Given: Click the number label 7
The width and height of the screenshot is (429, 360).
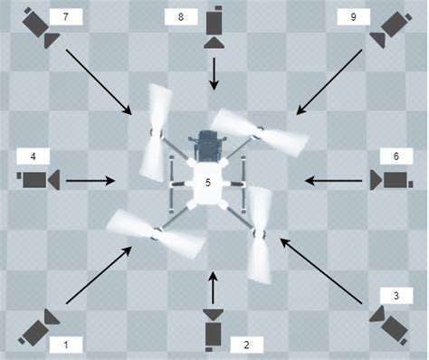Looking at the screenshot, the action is point(66,17).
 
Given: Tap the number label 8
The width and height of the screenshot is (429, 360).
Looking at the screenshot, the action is point(181,17).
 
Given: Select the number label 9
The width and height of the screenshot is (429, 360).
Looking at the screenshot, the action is point(354,17).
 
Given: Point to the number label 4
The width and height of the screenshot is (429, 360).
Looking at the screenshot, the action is point(33,156).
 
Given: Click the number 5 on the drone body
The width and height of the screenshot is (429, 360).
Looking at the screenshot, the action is point(207,183).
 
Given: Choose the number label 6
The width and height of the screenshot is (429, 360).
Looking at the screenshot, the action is point(396,156).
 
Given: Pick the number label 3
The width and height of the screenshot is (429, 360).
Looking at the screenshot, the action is point(396,296).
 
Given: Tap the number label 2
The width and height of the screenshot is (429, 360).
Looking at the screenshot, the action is point(246,345).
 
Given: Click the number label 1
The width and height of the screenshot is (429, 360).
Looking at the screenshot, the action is point(66,345).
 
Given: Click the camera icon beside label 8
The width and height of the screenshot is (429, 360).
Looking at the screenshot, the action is point(214,27).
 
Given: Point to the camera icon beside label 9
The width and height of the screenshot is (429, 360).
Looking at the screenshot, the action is point(391,29).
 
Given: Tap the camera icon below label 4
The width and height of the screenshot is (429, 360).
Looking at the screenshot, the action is point(38,180).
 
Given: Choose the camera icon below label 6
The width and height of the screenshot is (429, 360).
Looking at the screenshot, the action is point(392,180).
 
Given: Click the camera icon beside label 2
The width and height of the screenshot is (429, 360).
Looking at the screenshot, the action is point(214,330).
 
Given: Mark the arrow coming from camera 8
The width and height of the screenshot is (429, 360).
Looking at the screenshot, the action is point(214,74).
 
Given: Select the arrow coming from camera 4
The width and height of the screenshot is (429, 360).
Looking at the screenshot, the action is point(91,181).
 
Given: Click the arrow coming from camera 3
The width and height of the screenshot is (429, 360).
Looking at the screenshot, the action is point(320,270).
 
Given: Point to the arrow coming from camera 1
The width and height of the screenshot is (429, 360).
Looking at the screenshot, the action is point(99,275).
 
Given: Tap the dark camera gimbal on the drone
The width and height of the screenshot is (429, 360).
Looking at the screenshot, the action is point(207,146).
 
